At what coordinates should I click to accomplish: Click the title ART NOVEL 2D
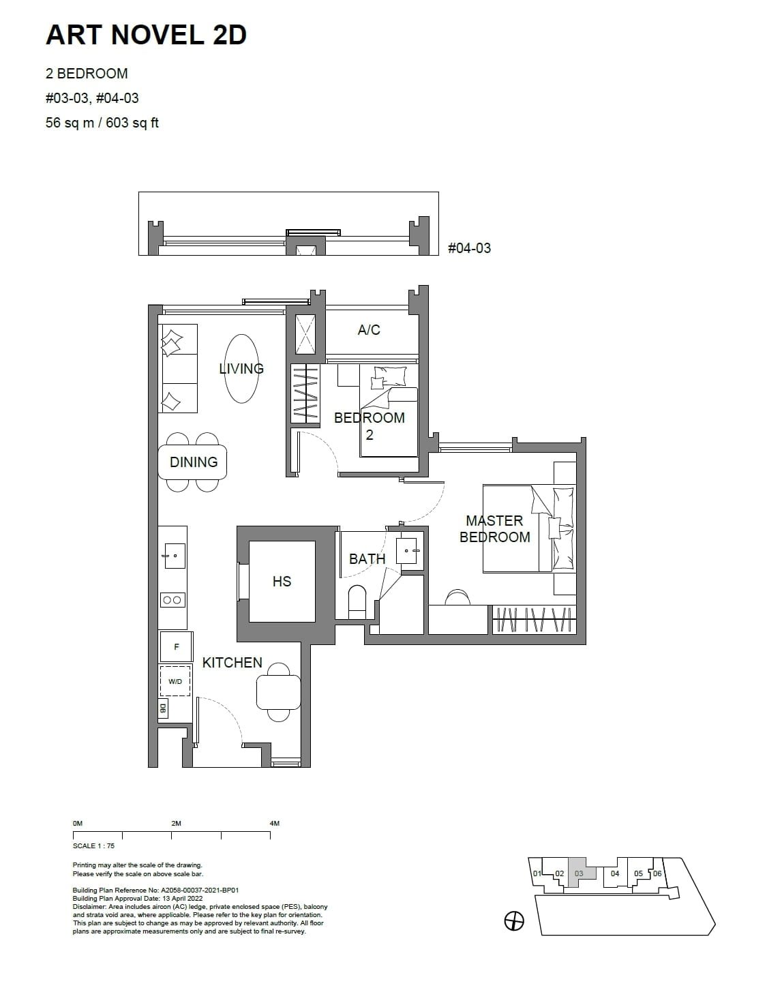coord(146,35)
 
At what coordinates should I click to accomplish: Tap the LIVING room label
coord(241,369)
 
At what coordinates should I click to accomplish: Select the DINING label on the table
coord(194,462)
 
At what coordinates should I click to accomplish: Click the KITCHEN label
coord(232,663)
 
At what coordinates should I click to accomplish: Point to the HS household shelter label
coord(282,582)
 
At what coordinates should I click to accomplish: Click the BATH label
coord(367,559)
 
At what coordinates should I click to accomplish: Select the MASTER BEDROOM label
coord(494,529)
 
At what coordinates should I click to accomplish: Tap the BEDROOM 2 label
coord(369,425)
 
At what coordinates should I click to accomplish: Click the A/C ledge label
coord(369,330)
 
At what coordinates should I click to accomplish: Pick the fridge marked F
coord(176,647)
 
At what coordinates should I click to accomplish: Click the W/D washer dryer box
coord(175,681)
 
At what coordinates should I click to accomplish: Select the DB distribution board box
coord(163,708)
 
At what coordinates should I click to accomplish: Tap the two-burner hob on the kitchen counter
coord(172,600)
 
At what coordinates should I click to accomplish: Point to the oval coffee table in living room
coord(241,369)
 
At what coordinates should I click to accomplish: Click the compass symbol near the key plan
coord(514,922)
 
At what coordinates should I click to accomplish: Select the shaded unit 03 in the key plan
coord(579,873)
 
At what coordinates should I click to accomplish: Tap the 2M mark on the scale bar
coord(176,824)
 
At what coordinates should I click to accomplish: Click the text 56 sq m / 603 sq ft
coord(102,123)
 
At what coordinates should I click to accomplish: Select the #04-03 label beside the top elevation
coord(469,248)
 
